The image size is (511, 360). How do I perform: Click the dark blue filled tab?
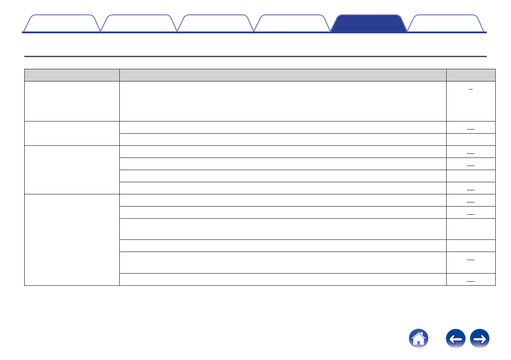368,23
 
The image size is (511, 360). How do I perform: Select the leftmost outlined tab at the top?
61,23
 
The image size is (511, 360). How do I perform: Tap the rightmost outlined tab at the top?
445,23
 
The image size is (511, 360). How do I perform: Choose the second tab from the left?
138,23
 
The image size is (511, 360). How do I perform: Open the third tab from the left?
215,23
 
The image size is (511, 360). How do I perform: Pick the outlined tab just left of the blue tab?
292,23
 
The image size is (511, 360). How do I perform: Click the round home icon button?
418,338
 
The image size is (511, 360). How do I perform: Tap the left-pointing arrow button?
456,338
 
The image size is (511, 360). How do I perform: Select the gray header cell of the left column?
72,75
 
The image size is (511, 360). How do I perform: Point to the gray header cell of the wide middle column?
283,75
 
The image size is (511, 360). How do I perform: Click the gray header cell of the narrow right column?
471,75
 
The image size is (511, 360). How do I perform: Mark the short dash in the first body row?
471,89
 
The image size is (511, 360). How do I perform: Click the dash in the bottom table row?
471,281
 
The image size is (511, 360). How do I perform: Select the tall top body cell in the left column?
72,101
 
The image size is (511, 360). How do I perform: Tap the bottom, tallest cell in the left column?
72,240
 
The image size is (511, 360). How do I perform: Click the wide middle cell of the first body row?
283,101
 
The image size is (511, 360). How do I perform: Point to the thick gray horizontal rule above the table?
255,57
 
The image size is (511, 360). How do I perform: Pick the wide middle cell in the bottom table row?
283,279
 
